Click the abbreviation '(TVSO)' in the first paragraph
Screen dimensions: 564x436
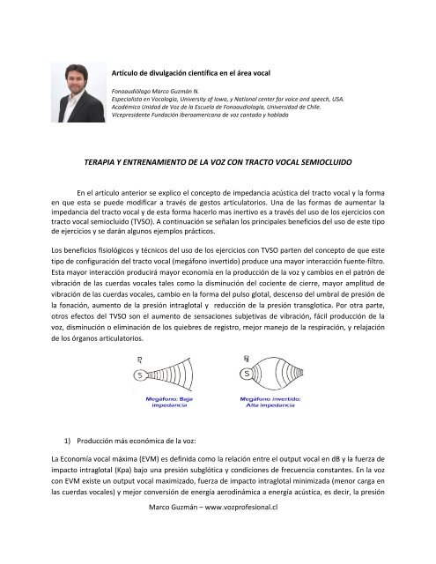(161, 225)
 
